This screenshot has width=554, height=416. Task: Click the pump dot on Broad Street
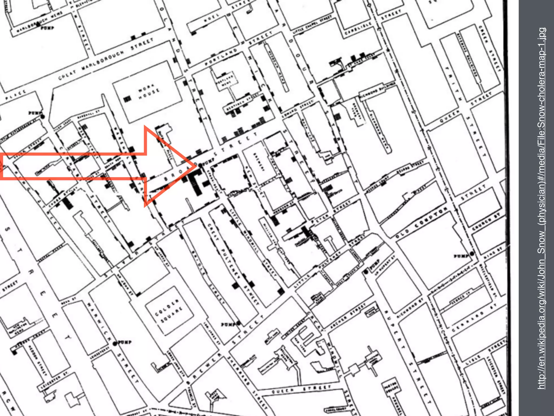coord(200,165)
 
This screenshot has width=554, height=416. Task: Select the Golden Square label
coord(169,311)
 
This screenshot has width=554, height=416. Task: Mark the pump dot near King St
coord(472,254)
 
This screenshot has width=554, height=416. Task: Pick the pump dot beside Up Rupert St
coord(367,272)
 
